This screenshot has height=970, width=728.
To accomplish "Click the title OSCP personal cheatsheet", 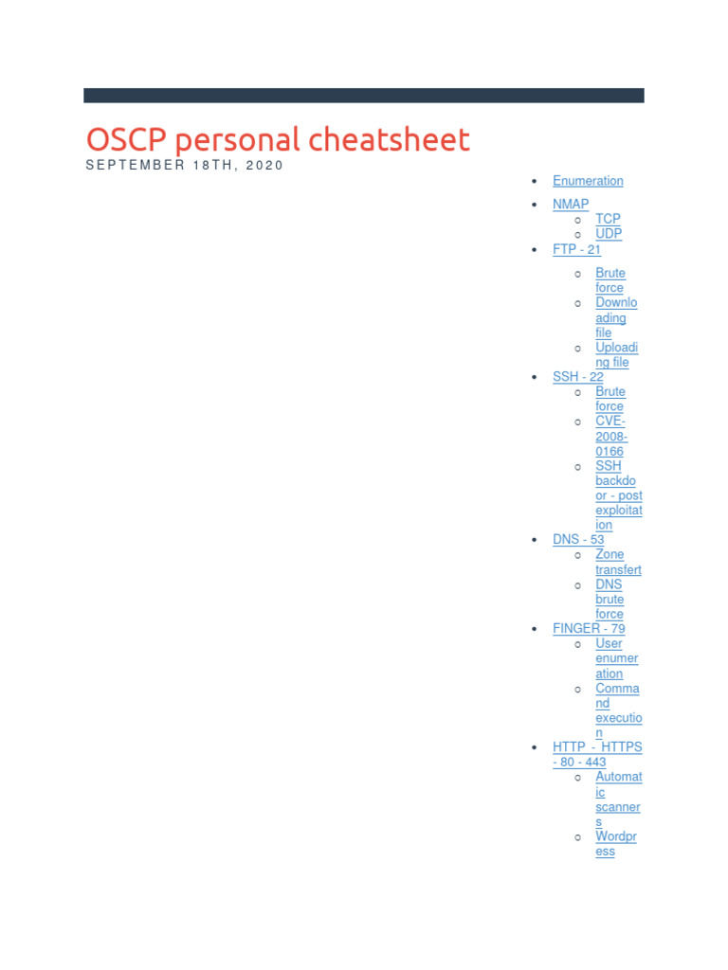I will point(278,140).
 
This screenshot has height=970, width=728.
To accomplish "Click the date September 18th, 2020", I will point(185,165).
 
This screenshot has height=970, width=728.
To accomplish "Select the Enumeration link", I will point(588,181).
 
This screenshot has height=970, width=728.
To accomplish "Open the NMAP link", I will point(571,204).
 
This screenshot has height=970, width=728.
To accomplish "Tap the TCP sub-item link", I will point(608,219).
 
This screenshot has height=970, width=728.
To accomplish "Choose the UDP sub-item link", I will point(609,233).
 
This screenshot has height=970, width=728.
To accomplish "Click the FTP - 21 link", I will point(576,249).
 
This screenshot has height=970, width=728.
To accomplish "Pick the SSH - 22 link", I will point(577,376).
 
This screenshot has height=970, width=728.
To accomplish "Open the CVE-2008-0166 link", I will point(610,436).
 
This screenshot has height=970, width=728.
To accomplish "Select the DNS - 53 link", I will point(578,539).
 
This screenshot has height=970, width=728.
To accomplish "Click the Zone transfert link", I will point(617,562).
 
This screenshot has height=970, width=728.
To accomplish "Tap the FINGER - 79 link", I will point(589,628).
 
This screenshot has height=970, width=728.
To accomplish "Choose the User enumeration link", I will point(616,658).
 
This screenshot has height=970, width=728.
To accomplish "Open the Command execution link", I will point(617,710).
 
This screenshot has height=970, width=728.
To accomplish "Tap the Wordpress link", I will point(615,844).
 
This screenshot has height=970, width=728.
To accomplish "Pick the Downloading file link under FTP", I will point(616,317).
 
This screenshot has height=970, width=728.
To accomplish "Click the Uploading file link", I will point(616,354).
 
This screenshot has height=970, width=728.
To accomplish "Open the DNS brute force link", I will point(610,599).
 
